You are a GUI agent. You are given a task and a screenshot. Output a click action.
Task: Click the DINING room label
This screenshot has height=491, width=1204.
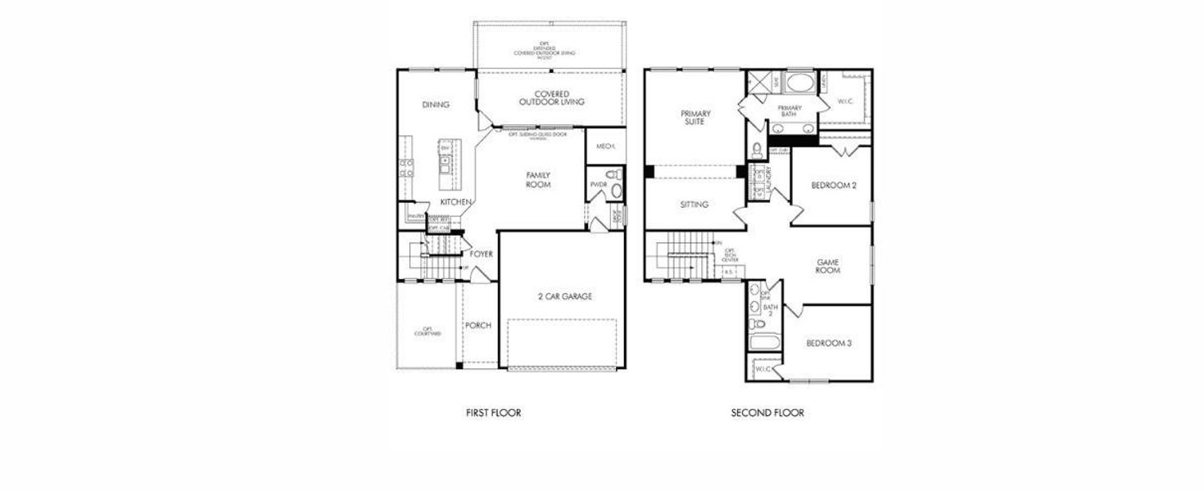click(x=436, y=105)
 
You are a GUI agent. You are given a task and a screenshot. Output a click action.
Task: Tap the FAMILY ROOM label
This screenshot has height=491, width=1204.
click(x=538, y=180)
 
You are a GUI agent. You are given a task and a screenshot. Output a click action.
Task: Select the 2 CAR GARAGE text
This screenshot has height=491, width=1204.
click(x=564, y=296)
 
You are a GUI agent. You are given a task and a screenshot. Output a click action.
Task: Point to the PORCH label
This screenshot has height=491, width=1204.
click(x=478, y=326)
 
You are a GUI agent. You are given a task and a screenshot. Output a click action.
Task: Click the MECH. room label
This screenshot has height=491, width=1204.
click(x=605, y=146)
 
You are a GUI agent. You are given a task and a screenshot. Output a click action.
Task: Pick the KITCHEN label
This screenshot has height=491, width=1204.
click(x=455, y=201)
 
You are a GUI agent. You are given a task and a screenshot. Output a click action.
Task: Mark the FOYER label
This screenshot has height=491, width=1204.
click(x=481, y=255)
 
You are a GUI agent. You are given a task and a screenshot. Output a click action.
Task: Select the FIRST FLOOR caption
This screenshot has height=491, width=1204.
click(x=493, y=413)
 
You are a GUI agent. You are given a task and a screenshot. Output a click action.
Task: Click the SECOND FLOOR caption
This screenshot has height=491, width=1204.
click(x=767, y=413)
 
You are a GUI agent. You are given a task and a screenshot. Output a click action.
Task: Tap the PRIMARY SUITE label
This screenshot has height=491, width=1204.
click(x=695, y=118)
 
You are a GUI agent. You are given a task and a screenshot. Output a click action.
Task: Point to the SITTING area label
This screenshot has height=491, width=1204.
click(x=695, y=205)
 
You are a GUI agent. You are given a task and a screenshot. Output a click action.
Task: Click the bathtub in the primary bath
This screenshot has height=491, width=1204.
click(x=798, y=83)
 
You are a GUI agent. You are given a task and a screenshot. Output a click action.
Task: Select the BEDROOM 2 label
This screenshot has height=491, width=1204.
click(x=833, y=186)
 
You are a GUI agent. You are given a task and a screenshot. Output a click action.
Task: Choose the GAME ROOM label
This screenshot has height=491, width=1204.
click(x=828, y=266)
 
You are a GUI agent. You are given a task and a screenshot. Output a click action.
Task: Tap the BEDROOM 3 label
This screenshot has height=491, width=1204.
click(x=828, y=343)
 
